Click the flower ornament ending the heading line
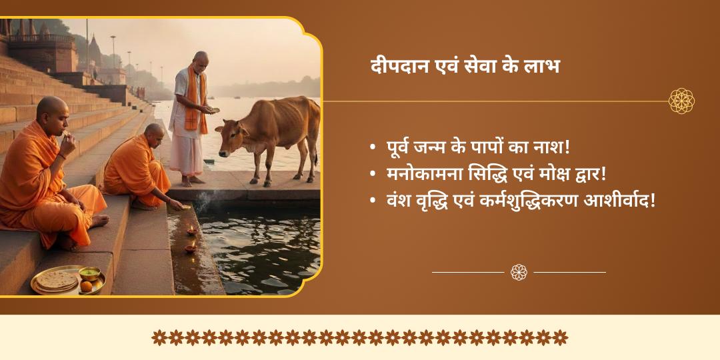681,101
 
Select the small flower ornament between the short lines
519,272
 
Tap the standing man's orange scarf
195,100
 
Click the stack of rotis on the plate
56,280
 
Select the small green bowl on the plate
90,273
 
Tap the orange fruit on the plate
86,285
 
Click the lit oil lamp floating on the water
191,231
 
